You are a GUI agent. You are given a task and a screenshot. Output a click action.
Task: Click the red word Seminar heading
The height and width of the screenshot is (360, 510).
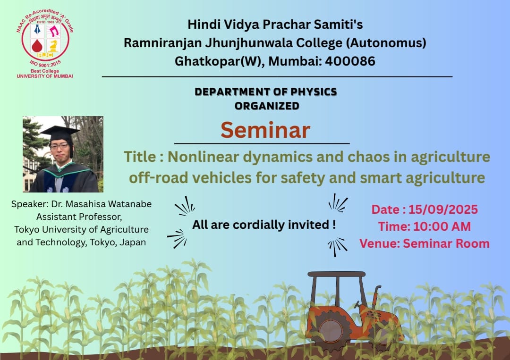(x=265, y=130)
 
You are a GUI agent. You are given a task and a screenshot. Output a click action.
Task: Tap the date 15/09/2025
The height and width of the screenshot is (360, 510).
(x=443, y=209)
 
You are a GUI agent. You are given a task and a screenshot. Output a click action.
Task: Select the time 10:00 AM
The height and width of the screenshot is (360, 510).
(x=442, y=226)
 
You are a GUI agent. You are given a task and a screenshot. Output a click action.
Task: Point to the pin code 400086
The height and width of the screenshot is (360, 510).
(x=350, y=61)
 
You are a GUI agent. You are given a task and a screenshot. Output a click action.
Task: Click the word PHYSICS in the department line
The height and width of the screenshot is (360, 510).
(x=314, y=92)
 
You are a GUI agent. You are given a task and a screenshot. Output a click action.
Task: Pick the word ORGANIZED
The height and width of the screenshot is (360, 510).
(x=267, y=106)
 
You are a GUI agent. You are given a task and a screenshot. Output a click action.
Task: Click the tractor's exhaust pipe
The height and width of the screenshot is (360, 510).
(x=377, y=296)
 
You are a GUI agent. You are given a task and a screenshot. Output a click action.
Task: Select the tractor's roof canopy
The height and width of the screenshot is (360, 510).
(x=337, y=274)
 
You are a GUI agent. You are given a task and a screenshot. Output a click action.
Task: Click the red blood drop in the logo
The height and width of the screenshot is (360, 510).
(x=37, y=46)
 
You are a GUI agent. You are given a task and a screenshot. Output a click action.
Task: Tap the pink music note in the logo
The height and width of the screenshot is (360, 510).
(x=54, y=31)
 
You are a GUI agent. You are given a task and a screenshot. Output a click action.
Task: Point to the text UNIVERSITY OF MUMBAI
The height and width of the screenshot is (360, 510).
(x=45, y=76)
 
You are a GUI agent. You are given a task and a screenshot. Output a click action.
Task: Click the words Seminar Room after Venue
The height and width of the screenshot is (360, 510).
(x=446, y=243)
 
